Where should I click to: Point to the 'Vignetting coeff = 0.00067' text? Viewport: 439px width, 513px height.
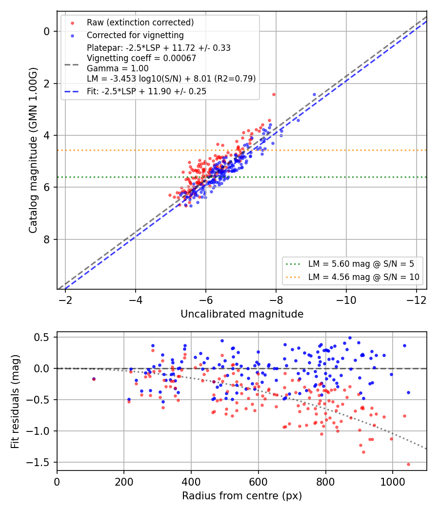[x=141, y=58]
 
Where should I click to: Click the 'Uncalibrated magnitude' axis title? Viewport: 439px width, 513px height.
[x=242, y=314]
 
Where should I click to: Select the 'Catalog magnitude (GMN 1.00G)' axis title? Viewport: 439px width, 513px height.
[x=33, y=150]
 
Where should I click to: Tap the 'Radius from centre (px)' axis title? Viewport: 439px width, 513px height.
[x=242, y=496]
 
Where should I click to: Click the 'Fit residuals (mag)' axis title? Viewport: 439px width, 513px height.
[x=15, y=402]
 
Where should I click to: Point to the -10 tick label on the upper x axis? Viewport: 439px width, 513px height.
[x=346, y=300]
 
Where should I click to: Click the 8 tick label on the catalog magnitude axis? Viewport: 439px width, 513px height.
[x=47, y=239]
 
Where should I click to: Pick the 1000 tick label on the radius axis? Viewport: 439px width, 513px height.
[x=392, y=482]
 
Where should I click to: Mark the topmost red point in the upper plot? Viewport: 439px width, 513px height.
[x=274, y=95]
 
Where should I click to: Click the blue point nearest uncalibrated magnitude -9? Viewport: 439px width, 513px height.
[x=314, y=95]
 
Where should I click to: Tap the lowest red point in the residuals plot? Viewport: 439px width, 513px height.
[x=408, y=464]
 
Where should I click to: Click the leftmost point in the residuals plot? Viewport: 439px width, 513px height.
[x=94, y=379]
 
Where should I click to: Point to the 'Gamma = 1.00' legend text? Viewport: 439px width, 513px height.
[x=118, y=68]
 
